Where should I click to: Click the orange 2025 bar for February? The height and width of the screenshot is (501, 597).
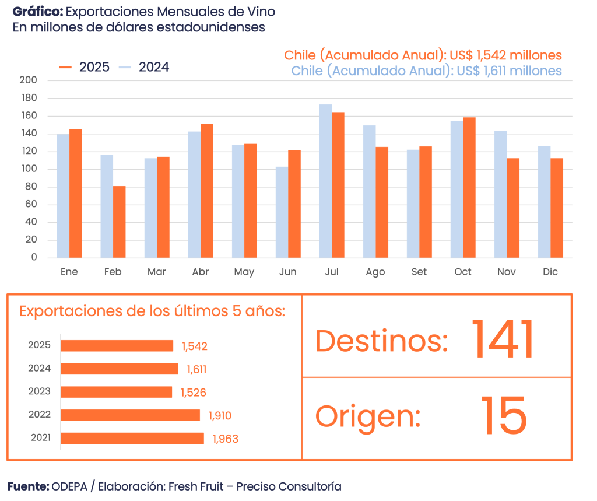120,222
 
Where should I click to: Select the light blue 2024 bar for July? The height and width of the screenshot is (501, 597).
325,181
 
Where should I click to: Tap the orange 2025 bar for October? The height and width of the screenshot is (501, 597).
469,187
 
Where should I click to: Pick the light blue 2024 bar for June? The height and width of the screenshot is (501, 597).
282,212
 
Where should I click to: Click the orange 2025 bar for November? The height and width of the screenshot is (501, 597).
513,208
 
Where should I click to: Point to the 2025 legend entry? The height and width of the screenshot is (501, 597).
85,68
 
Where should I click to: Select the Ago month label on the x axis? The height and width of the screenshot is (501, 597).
375,272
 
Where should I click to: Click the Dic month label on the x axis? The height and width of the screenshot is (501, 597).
550,272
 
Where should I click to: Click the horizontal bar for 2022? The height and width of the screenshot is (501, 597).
130,415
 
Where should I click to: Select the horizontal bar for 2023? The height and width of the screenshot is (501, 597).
117,392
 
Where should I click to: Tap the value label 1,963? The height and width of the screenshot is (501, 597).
226,439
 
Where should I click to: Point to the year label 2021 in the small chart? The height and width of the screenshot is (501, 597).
40,438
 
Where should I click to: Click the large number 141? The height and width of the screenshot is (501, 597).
502,340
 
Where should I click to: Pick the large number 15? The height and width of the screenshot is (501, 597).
504,416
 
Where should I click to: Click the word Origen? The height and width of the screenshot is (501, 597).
368,416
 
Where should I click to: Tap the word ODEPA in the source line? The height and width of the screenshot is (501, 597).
69,486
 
